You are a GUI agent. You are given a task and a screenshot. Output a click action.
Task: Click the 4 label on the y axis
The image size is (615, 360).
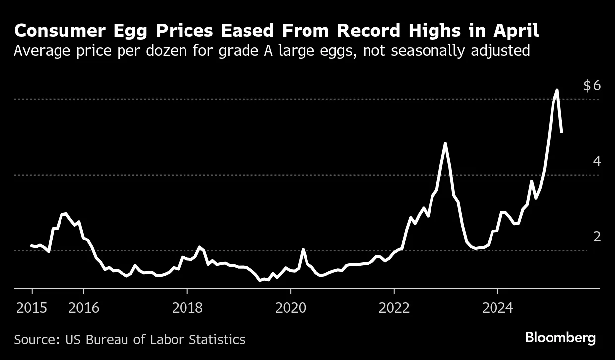click(x=597, y=161)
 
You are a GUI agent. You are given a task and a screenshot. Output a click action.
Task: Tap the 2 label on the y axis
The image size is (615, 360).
click(x=597, y=237)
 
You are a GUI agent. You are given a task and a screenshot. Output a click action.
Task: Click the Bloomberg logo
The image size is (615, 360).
click(x=560, y=338)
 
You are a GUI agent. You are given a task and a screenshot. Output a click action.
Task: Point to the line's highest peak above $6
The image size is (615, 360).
click(x=557, y=90)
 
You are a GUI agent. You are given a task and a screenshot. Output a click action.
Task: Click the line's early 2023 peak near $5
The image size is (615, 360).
click(x=445, y=143)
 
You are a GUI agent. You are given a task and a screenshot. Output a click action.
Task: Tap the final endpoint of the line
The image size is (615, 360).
click(x=561, y=132)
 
